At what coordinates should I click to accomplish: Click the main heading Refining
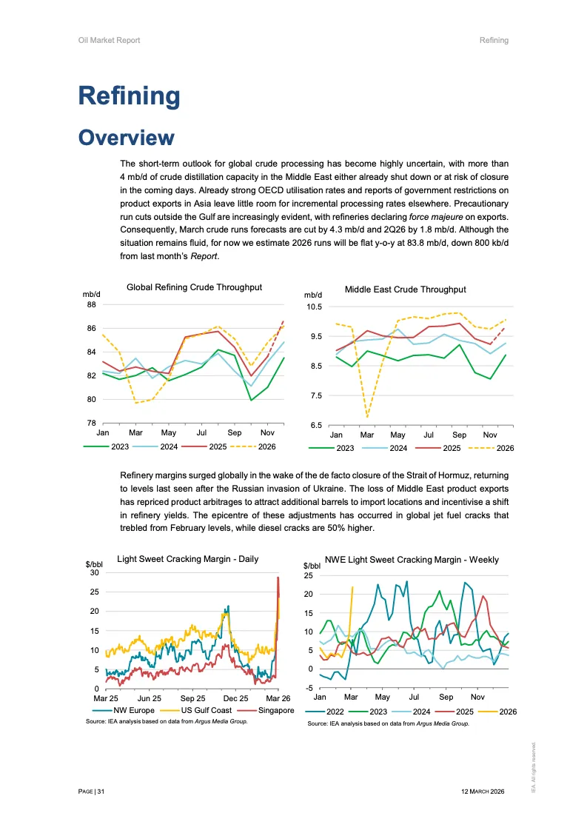tap(129, 96)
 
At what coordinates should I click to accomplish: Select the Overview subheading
tap(127, 138)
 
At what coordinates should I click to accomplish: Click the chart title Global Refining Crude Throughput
tap(194, 287)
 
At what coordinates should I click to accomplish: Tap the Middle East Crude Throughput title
tap(405, 290)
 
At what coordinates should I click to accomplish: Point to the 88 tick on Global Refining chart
tap(91, 304)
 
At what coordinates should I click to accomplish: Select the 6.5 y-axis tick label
tap(315, 426)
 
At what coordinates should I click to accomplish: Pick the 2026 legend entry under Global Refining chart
tap(266, 446)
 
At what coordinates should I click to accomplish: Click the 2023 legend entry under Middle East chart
tap(345, 448)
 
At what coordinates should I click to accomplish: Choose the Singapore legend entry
tap(275, 710)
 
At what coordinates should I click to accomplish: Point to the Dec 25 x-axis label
tap(235, 698)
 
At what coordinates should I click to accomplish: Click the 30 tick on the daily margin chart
tap(93, 572)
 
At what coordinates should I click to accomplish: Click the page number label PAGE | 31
tap(92, 791)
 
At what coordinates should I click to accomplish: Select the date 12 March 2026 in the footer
tap(482, 791)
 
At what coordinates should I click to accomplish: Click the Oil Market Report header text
tap(109, 40)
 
